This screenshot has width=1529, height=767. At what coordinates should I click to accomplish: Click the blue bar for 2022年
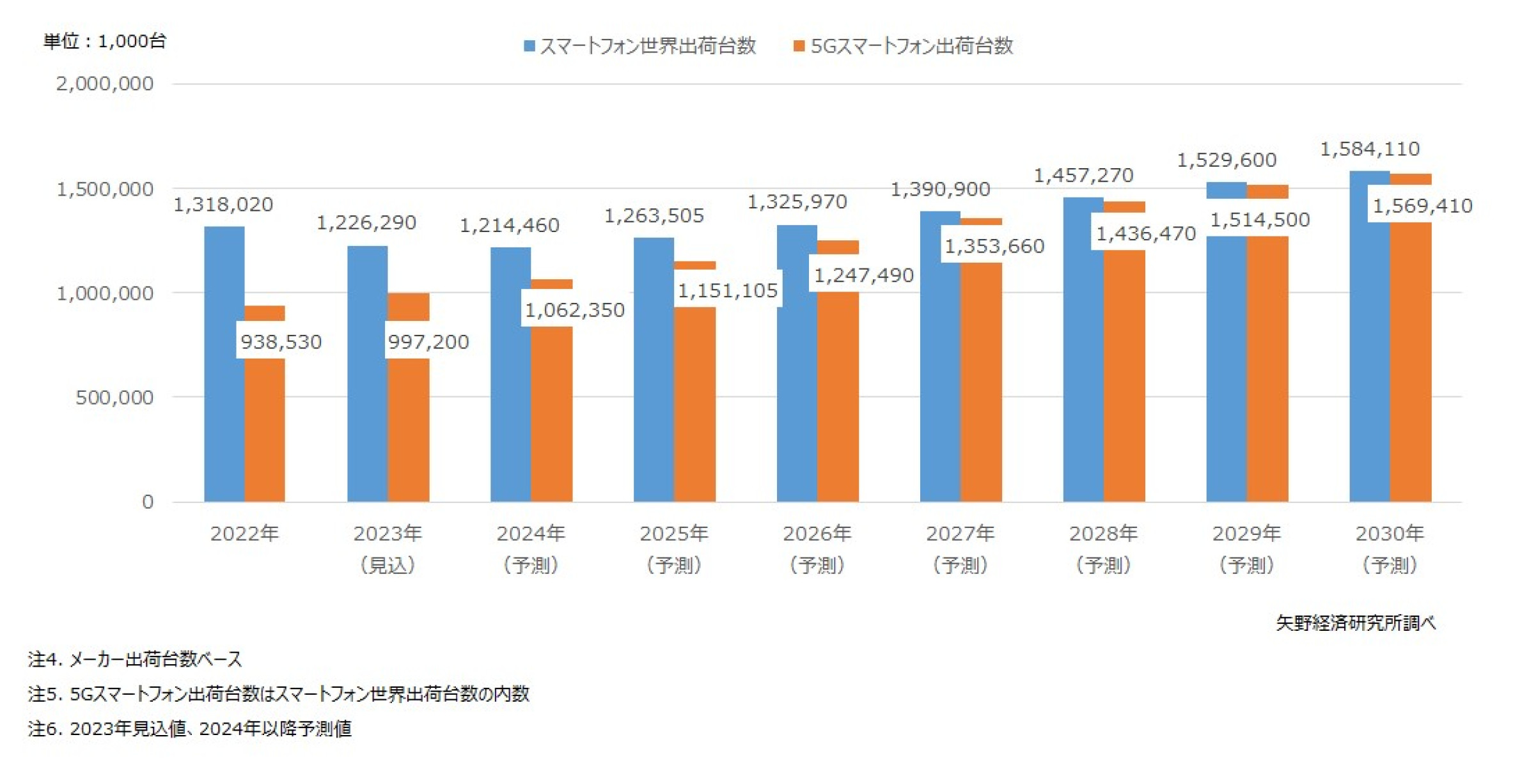pos(224,364)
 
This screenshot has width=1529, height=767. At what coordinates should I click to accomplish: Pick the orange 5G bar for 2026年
pos(838,396)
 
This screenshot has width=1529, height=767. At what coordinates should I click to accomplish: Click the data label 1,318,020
pos(223,205)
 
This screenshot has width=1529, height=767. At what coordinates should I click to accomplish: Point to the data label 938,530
pos(281,342)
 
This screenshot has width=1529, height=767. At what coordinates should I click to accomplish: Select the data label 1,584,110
pos(1369,149)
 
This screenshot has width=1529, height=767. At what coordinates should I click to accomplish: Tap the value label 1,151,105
pos(727,291)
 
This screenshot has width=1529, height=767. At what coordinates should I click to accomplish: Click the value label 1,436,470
pos(1145,234)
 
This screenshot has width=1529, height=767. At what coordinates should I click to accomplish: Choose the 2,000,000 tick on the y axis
pos(105,84)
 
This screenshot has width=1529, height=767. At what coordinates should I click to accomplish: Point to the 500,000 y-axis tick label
pos(114,398)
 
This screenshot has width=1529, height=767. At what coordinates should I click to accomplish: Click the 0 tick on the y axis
pos(148,502)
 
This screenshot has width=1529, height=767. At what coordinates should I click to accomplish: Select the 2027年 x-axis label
pos(960,533)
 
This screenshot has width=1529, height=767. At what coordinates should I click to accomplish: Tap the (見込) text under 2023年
pos(388,565)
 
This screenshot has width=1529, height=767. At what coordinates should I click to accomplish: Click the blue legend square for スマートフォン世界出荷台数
pos(529,46)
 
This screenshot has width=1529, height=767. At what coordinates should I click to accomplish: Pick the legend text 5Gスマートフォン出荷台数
pos(911,46)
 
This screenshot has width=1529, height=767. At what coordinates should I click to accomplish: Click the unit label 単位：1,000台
pos(105,42)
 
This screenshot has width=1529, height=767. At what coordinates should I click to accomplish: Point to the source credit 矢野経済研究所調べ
pos(1355,623)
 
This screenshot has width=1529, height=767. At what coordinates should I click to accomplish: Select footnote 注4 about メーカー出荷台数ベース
pos(135,659)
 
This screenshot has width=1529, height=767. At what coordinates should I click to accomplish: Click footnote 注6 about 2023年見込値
pos(190,729)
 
